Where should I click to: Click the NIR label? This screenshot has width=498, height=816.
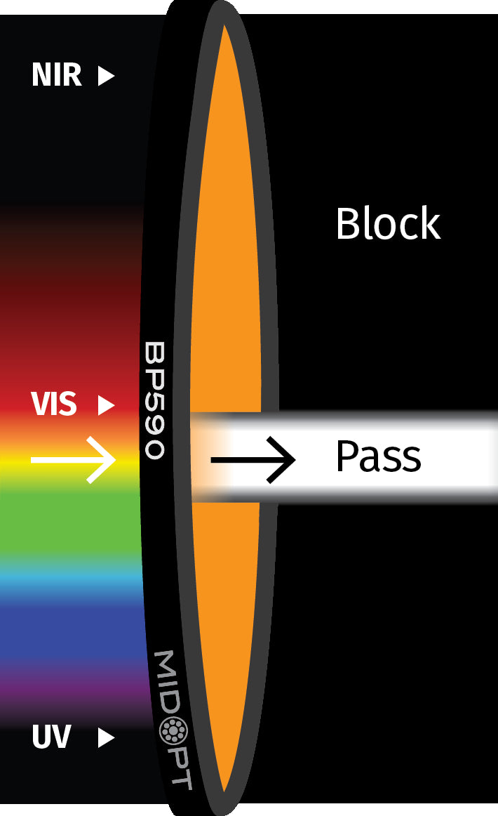point(56,75)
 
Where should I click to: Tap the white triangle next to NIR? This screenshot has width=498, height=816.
point(105,76)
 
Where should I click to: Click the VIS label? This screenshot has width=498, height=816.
point(53,405)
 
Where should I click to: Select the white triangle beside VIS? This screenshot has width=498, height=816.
point(105,405)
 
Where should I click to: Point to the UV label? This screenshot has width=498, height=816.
point(51,737)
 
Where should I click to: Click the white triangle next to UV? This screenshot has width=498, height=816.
point(105,737)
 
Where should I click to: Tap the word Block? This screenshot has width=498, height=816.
point(388,225)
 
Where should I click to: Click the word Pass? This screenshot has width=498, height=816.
point(378,457)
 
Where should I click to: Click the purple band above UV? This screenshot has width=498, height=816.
point(70,685)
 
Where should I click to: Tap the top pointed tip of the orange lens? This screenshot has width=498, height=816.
point(224,28)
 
